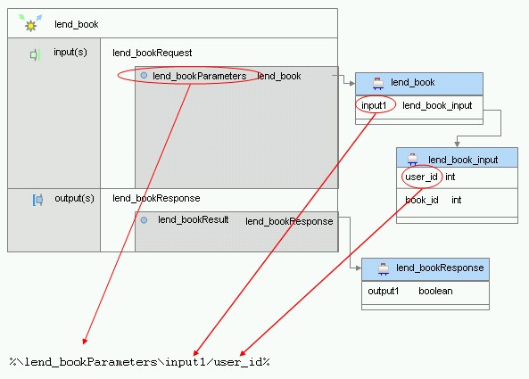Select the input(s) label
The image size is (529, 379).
tap(70, 53)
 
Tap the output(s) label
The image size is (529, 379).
tap(74, 198)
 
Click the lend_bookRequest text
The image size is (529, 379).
tap(153, 53)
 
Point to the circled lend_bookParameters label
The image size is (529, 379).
tap(200, 76)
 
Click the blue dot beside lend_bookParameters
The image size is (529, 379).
tap(144, 76)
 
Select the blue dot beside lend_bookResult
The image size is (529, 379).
tap(144, 220)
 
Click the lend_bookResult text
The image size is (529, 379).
tap(194, 220)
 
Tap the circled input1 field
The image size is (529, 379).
tap(374, 105)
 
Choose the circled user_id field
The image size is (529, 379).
tap(421, 177)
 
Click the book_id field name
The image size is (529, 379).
tap(422, 201)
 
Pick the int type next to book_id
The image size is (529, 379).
tap(457, 201)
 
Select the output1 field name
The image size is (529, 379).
tap(384, 291)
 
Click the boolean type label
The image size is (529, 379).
tap(435, 291)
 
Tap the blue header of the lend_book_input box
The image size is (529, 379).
tap(457, 158)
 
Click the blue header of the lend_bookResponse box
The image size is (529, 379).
tap(426, 269)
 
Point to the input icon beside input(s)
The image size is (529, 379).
tap(35, 54)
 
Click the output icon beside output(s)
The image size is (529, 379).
tap(37, 200)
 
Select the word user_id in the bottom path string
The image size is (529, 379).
tap(238, 362)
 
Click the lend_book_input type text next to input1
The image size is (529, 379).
tap(437, 105)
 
